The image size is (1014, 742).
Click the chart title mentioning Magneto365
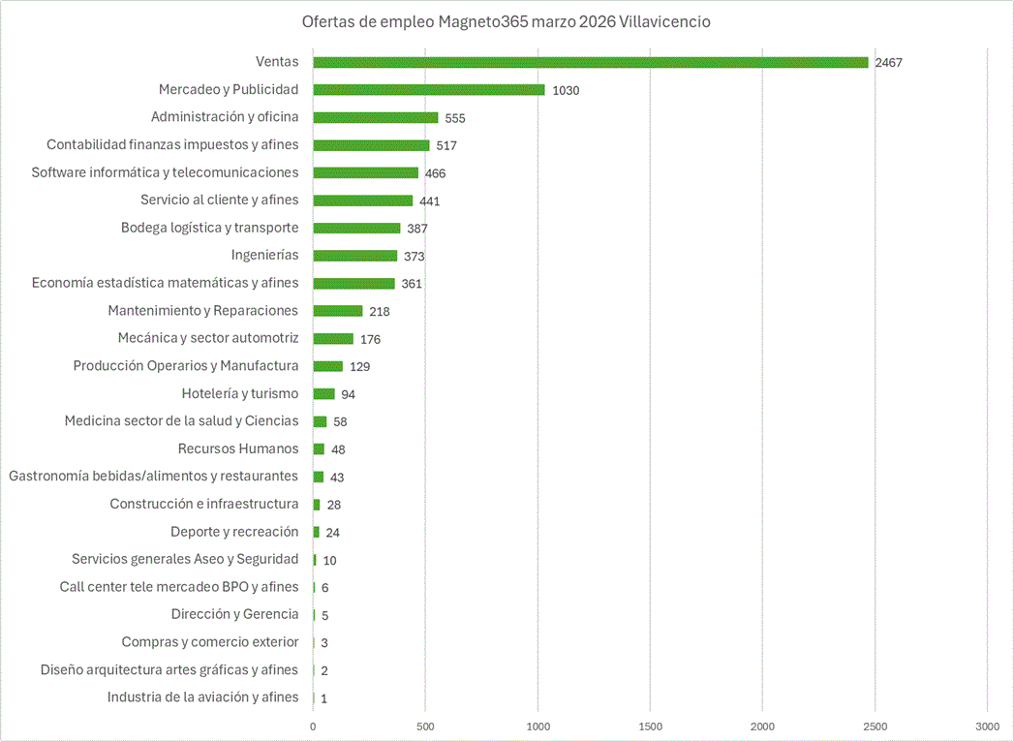click(506, 21)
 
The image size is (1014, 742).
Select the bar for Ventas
click(590, 62)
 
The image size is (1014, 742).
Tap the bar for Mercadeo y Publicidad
click(428, 90)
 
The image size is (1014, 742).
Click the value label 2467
click(888, 63)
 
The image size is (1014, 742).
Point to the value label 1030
click(566, 90)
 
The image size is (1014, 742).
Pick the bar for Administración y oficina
click(375, 117)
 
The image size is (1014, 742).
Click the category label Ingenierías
click(264, 255)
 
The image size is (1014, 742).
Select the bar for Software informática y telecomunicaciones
click(365, 172)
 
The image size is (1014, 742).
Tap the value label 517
click(446, 145)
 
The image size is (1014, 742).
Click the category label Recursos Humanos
click(238, 448)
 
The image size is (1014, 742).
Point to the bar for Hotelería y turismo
click(323, 394)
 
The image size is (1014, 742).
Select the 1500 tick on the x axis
click(650, 726)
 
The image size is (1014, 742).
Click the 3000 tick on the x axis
click(987, 726)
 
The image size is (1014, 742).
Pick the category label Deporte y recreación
click(234, 531)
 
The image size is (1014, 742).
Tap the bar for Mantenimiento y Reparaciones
click(337, 311)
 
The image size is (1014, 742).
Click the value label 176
click(370, 339)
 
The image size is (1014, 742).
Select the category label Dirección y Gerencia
click(234, 614)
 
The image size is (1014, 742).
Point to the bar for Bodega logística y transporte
click(356, 228)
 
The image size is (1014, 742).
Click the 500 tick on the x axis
click(425, 726)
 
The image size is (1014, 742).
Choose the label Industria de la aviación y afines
click(203, 696)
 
